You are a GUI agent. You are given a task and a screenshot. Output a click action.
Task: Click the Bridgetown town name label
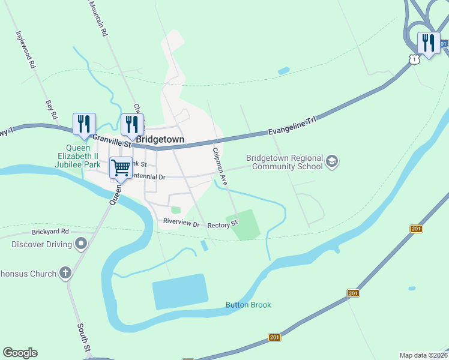pyautogui.click(x=160, y=139)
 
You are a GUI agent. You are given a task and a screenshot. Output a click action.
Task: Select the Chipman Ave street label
pyautogui.click(x=218, y=166)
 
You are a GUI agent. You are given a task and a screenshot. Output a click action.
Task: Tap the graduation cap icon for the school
pyautogui.click(x=332, y=161)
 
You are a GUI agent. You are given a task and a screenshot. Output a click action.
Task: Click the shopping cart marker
pyautogui.click(x=121, y=167)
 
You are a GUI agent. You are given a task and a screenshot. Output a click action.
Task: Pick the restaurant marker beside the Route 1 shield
pyautogui.click(x=427, y=43)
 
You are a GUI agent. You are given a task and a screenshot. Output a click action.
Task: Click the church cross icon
pyautogui.click(x=65, y=273)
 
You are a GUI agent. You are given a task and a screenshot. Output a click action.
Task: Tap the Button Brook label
pyautogui.click(x=249, y=305)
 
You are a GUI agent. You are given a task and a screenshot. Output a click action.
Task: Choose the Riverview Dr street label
pyautogui.click(x=181, y=223)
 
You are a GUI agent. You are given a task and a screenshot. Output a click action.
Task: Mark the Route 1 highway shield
pyautogui.click(x=413, y=59)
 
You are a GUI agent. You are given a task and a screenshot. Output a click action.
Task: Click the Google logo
pyautogui.click(x=20, y=353)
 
